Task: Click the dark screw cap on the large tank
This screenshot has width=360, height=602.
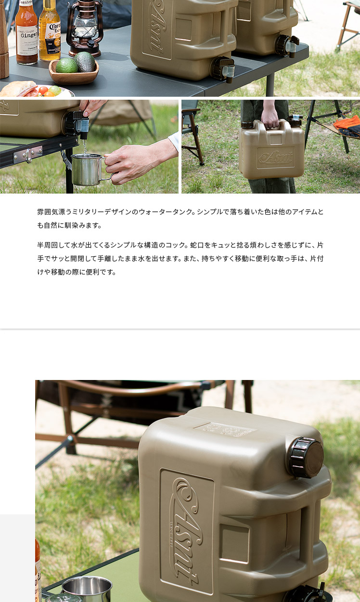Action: tap(306, 458)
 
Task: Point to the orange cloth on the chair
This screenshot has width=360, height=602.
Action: tap(347, 123)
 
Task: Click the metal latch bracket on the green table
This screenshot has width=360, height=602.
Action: tap(30, 155)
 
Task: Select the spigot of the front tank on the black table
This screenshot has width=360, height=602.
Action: tap(223, 69)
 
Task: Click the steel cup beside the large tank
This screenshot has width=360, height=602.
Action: tap(87, 589)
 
